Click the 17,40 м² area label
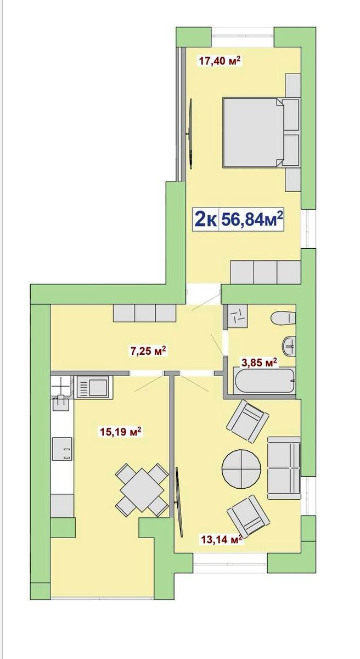click(x=220, y=61)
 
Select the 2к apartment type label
click(x=205, y=220)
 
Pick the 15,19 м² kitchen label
click(x=121, y=432)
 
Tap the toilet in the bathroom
click(x=283, y=318)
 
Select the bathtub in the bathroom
click(x=264, y=381)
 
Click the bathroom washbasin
click(x=289, y=347)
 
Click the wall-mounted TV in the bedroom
click(x=189, y=133)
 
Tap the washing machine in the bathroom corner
click(x=238, y=316)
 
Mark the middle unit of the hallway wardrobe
click(x=145, y=313)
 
